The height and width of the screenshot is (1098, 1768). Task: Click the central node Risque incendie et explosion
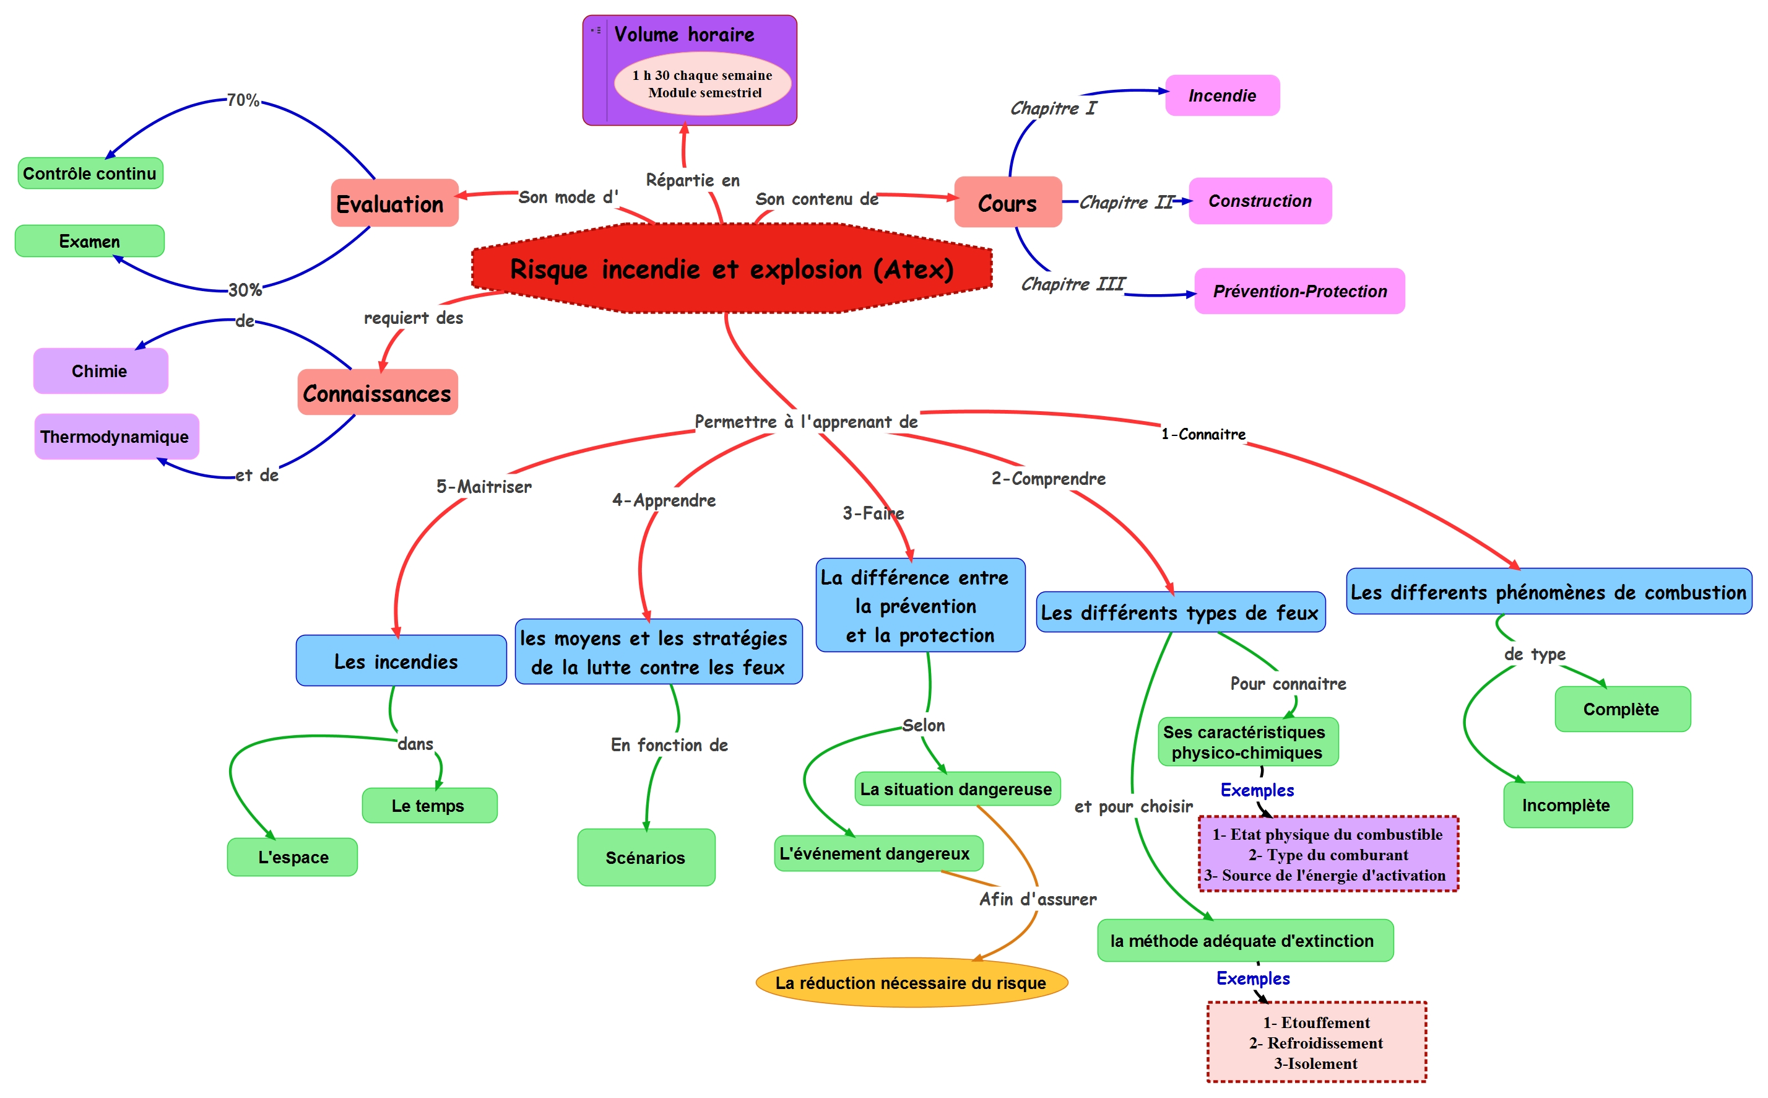[x=732, y=269]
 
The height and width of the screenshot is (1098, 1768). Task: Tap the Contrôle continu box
[x=90, y=173]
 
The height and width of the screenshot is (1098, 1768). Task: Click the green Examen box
[x=89, y=241]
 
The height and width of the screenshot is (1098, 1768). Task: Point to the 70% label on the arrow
[x=243, y=100]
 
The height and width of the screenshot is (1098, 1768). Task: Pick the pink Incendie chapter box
[x=1222, y=95]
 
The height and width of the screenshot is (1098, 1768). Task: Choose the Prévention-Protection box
[x=1299, y=291]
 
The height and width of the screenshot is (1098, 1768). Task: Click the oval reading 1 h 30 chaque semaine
[x=703, y=84]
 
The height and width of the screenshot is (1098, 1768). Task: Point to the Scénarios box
[x=646, y=858]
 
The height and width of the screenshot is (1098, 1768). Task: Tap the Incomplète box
[x=1567, y=804]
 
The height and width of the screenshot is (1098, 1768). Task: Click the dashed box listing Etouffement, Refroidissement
[x=1316, y=1043]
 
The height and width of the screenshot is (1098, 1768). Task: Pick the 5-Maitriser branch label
[x=483, y=487]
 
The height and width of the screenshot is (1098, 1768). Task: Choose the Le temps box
[x=429, y=805]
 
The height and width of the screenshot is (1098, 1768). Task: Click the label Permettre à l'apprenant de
[x=805, y=422]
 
